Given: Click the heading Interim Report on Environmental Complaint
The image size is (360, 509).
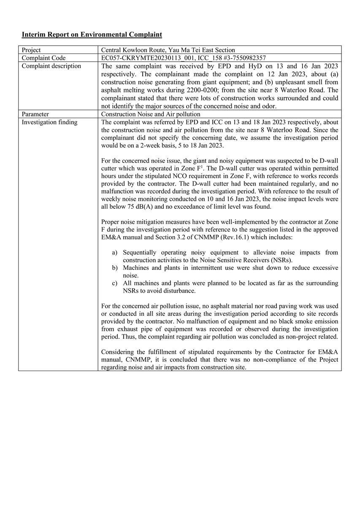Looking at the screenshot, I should [92, 35].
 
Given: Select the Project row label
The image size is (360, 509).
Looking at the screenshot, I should [31, 50].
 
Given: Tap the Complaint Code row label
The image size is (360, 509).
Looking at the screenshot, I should [43, 58].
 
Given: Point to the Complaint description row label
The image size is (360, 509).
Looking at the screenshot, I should [51, 66].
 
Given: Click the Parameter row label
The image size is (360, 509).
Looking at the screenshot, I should [35, 114].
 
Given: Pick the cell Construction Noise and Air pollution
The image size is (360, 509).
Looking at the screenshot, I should [151, 114].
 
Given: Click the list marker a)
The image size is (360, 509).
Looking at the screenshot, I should [115, 253].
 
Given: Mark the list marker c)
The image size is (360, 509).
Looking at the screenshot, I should [115, 283].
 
